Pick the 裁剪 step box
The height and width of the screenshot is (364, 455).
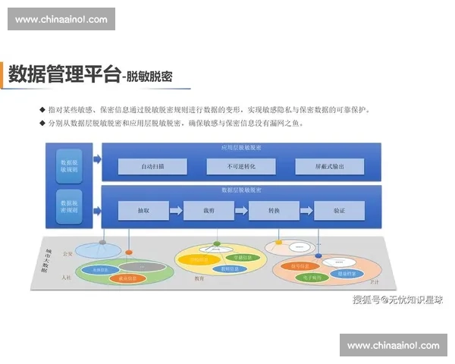[209, 210]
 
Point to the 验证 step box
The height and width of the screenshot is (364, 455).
[339, 210]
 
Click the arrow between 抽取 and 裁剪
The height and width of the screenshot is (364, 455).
[175, 210]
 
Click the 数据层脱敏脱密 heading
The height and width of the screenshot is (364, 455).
[240, 190]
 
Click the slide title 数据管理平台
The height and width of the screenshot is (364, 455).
[64, 74]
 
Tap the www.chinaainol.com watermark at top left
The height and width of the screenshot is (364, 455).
[61, 19]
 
